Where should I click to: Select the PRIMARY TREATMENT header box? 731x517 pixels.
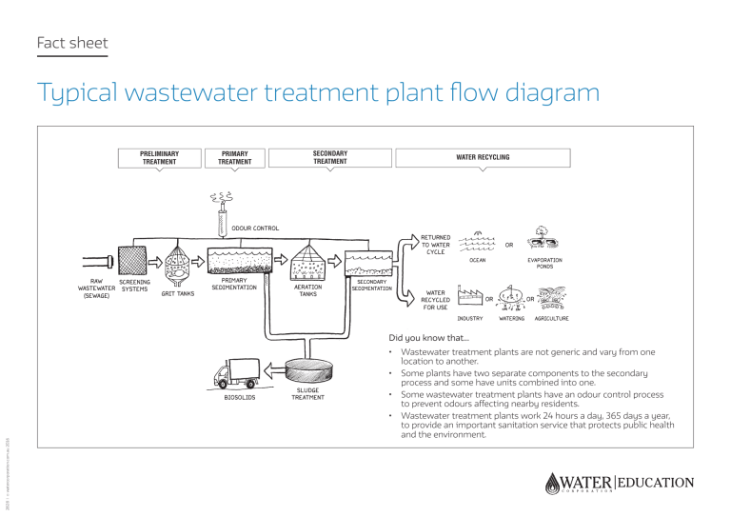(235, 157)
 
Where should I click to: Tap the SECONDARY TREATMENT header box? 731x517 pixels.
(329, 157)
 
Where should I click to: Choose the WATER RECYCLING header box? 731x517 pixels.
(483, 157)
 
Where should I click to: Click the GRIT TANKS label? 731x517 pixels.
(177, 293)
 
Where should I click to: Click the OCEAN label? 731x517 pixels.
(477, 259)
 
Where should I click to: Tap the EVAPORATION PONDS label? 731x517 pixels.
(544, 263)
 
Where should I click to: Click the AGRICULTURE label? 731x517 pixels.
(551, 318)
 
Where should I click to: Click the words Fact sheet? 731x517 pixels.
(71, 43)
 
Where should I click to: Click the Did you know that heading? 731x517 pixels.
(429, 337)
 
